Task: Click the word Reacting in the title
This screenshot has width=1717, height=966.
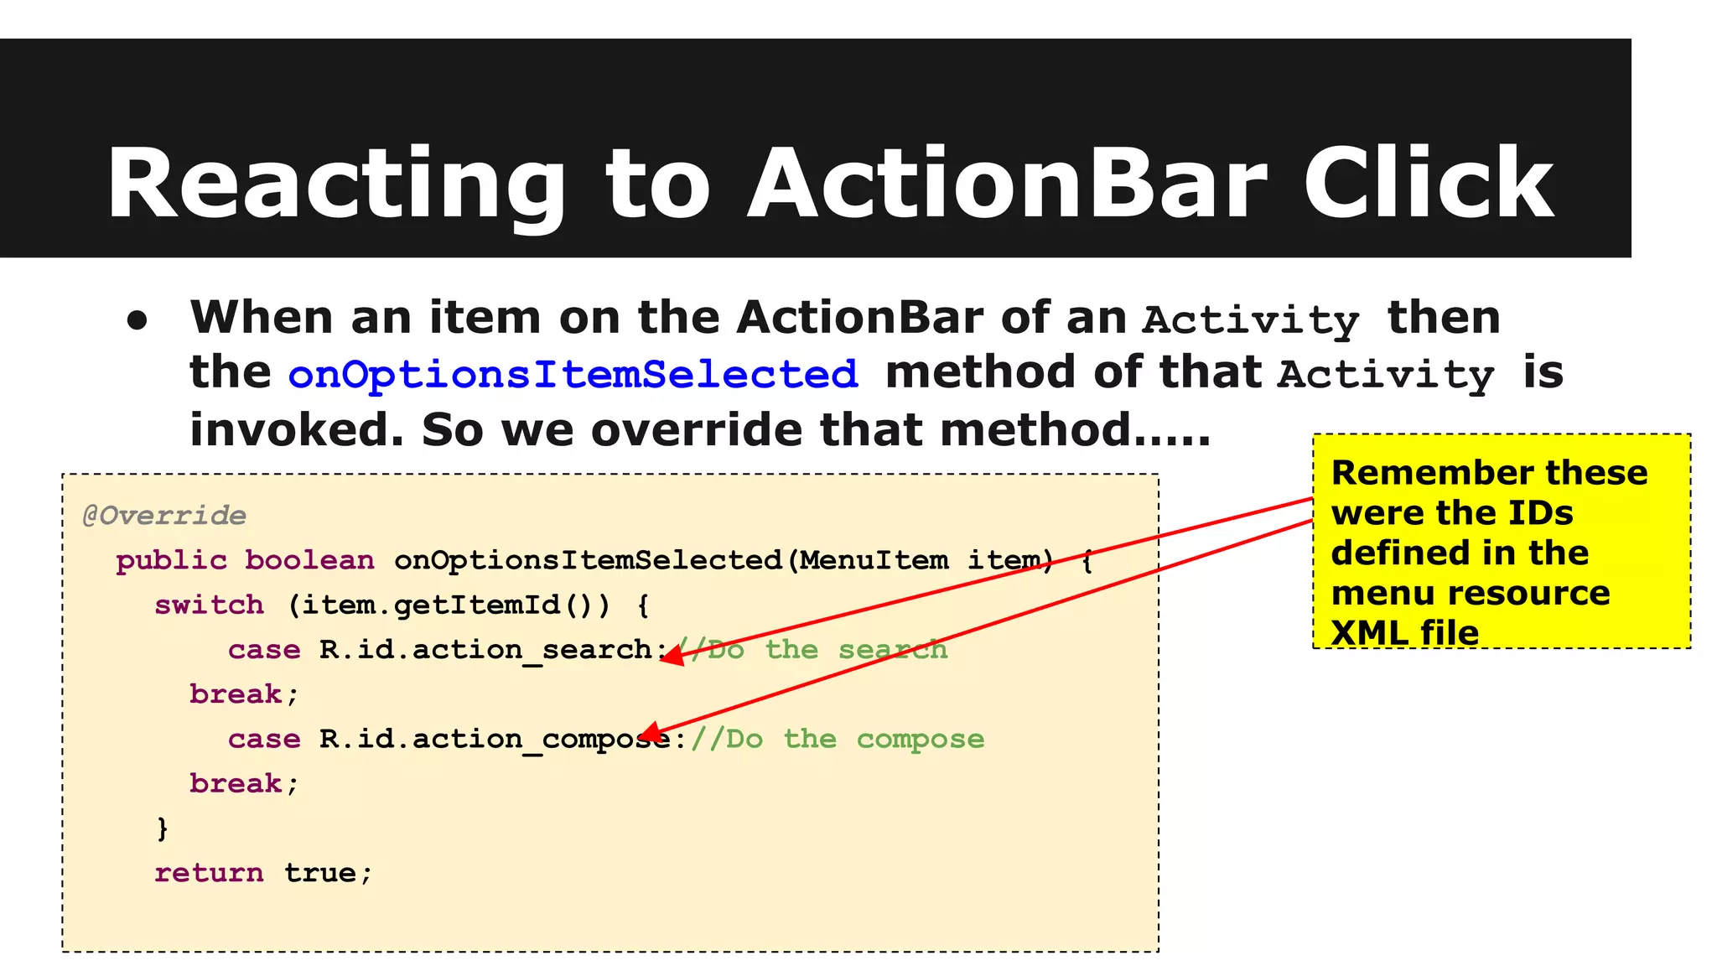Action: click(335, 184)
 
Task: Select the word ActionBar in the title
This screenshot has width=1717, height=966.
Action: click(1006, 184)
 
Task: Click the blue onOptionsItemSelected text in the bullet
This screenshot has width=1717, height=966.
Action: click(573, 374)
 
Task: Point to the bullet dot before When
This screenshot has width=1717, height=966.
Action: click(137, 321)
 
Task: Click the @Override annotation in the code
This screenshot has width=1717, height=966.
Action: click(164, 515)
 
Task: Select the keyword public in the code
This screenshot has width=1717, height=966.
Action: click(171, 560)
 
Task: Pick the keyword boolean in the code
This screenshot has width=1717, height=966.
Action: click(309, 560)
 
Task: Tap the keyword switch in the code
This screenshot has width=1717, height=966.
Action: click(209, 605)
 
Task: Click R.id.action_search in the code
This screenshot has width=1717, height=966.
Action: click(486, 650)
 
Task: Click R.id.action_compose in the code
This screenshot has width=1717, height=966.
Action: click(495, 739)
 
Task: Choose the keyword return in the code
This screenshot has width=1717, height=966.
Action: click(209, 873)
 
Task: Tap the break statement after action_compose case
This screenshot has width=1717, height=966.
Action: click(236, 783)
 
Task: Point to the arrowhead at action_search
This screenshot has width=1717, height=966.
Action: click(671, 655)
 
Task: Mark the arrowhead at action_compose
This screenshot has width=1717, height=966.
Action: click(651, 735)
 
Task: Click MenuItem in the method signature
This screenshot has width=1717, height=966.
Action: click(874, 560)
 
